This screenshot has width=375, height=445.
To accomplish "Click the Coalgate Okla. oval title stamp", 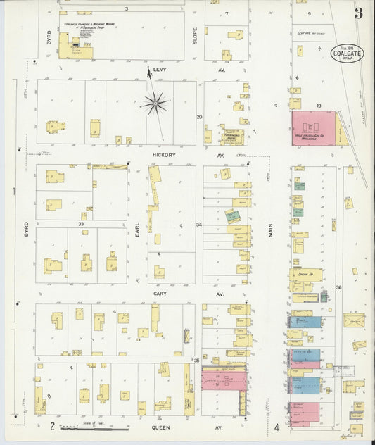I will pos(348,54).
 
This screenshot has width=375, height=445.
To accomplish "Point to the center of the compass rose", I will pos(155,103).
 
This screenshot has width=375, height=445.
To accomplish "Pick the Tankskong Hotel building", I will pos(232,137).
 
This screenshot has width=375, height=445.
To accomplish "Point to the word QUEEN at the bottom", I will pos(161,427).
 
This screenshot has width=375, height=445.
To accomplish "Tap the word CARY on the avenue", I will pos(160,293).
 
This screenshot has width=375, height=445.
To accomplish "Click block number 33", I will pos(81,225).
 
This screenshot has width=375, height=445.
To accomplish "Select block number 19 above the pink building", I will pos(319,106).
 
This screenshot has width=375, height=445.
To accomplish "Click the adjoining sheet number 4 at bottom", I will pos(277,427).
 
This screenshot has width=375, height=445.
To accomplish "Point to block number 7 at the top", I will pos(227,13).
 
